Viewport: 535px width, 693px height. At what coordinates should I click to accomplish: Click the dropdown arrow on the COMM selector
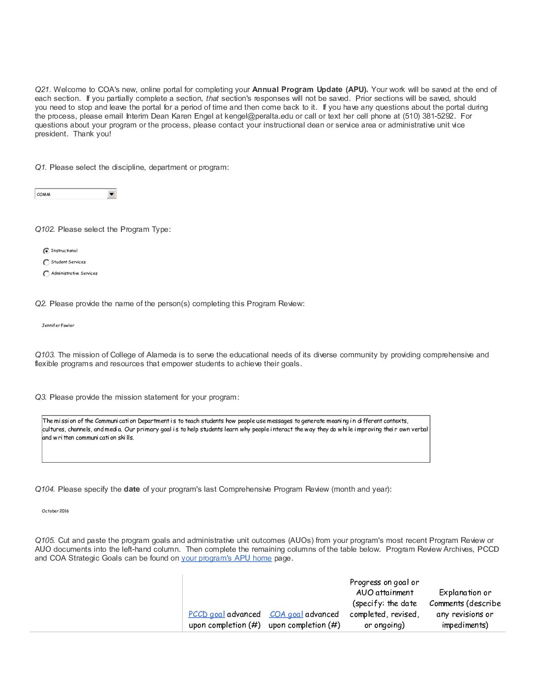point(112,194)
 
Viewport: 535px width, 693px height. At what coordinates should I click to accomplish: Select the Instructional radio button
point(46,251)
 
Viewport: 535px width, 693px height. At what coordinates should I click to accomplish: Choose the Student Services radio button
point(46,262)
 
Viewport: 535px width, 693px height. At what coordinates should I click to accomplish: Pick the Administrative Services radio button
point(46,274)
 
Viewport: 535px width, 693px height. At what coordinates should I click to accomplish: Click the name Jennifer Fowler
point(58,325)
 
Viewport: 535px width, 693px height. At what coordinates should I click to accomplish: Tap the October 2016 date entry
point(55,511)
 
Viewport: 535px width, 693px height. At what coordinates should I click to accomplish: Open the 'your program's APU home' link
point(226,558)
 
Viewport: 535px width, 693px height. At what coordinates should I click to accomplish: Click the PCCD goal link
point(207,614)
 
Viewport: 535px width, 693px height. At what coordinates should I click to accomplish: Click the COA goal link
point(286,614)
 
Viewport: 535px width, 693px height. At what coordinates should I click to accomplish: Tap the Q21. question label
point(43,90)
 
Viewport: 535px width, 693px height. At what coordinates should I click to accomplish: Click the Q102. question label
point(45,229)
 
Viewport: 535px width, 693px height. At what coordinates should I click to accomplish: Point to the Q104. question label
point(45,489)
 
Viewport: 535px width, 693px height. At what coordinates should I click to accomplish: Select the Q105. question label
point(45,540)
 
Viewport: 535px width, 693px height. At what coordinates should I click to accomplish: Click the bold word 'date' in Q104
point(132,489)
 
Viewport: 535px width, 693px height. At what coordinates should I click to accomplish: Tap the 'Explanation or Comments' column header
point(465,609)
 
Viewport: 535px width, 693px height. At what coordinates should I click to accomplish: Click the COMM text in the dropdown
point(44,194)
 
